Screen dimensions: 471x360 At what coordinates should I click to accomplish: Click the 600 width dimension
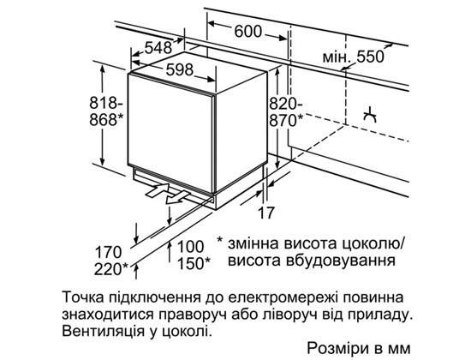[x=247, y=31]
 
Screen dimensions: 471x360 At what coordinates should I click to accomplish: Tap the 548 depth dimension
[x=158, y=47]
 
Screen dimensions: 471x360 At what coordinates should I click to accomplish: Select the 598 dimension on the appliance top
[x=180, y=70]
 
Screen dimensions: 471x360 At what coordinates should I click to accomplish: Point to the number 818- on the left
[x=106, y=103]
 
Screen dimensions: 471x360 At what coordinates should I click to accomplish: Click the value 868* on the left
[x=107, y=119]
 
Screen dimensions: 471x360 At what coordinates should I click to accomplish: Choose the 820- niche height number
[x=286, y=104]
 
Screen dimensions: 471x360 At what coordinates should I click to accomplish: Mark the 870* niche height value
[x=286, y=121]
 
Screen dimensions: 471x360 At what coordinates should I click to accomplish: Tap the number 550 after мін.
[x=370, y=57]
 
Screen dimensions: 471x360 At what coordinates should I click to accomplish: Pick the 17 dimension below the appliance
[x=266, y=213]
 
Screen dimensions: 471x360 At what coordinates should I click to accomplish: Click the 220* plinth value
[x=111, y=269]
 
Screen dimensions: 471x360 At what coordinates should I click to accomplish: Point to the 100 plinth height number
[x=190, y=247]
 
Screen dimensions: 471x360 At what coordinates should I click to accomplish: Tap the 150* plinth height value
[x=194, y=263]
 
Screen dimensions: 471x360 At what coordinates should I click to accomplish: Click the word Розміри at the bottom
[x=338, y=348]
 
